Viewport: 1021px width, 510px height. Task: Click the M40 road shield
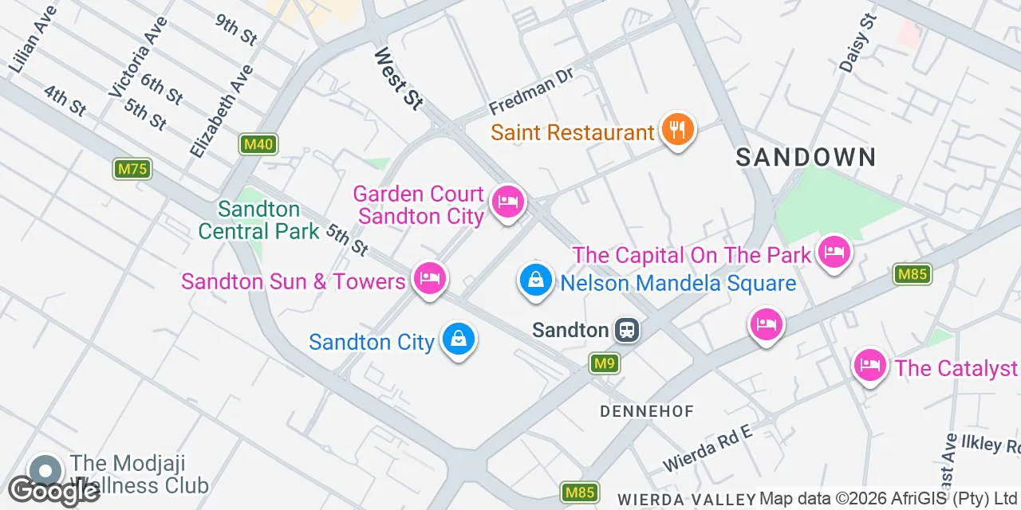(x=258, y=144)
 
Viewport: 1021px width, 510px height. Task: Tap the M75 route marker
(x=132, y=169)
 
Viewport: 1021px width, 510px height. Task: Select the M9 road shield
(x=605, y=364)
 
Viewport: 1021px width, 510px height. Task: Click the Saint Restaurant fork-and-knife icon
(x=677, y=130)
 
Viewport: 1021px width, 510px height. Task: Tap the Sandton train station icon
(x=627, y=330)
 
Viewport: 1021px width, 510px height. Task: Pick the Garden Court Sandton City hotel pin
(x=507, y=202)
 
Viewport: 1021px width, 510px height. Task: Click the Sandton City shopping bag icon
(x=459, y=339)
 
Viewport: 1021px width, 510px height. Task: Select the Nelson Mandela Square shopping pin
(x=536, y=280)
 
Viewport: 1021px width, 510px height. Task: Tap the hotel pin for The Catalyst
(x=869, y=366)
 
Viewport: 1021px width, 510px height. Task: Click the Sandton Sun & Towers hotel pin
(x=430, y=279)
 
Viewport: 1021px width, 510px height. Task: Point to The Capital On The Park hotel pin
(x=834, y=253)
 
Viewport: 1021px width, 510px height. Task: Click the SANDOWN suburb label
(x=806, y=157)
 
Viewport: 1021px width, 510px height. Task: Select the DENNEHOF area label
(x=647, y=411)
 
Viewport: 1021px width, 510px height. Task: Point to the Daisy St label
(x=857, y=43)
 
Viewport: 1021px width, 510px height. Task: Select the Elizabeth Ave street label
(x=222, y=111)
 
